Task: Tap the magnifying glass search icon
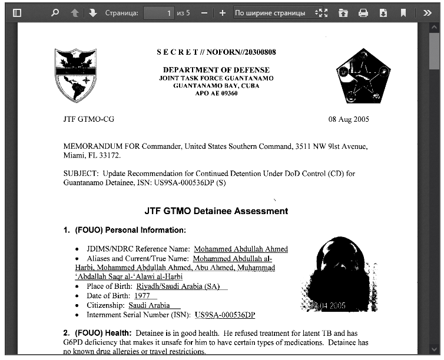(55, 12)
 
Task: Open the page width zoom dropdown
(276, 12)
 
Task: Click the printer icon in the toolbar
(363, 12)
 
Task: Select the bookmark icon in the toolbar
(403, 12)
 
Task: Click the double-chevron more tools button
(428, 12)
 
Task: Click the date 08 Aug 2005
(349, 119)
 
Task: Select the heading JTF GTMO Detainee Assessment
(216, 211)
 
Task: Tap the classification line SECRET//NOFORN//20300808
(216, 52)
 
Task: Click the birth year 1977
(142, 296)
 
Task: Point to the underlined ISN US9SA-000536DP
(225, 315)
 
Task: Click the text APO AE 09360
(216, 93)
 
